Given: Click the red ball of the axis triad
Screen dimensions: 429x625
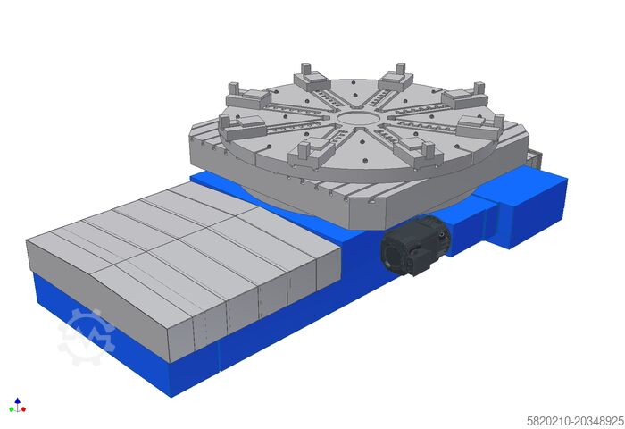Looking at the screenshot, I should point(24,409).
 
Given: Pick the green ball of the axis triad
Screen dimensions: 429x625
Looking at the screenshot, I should point(12,409).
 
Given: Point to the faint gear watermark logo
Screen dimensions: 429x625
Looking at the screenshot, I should point(87,338).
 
